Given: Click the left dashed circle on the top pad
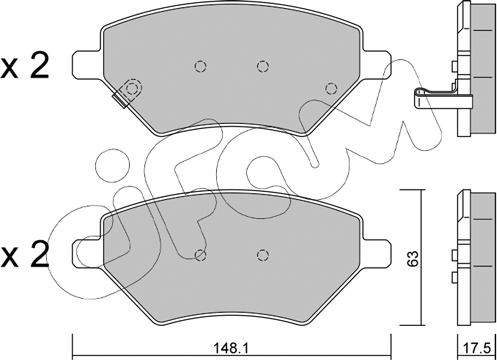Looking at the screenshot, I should pyautogui.click(x=198, y=67).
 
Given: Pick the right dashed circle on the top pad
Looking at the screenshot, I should pyautogui.click(x=262, y=67).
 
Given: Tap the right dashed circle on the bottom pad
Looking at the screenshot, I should pyautogui.click(x=262, y=254).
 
